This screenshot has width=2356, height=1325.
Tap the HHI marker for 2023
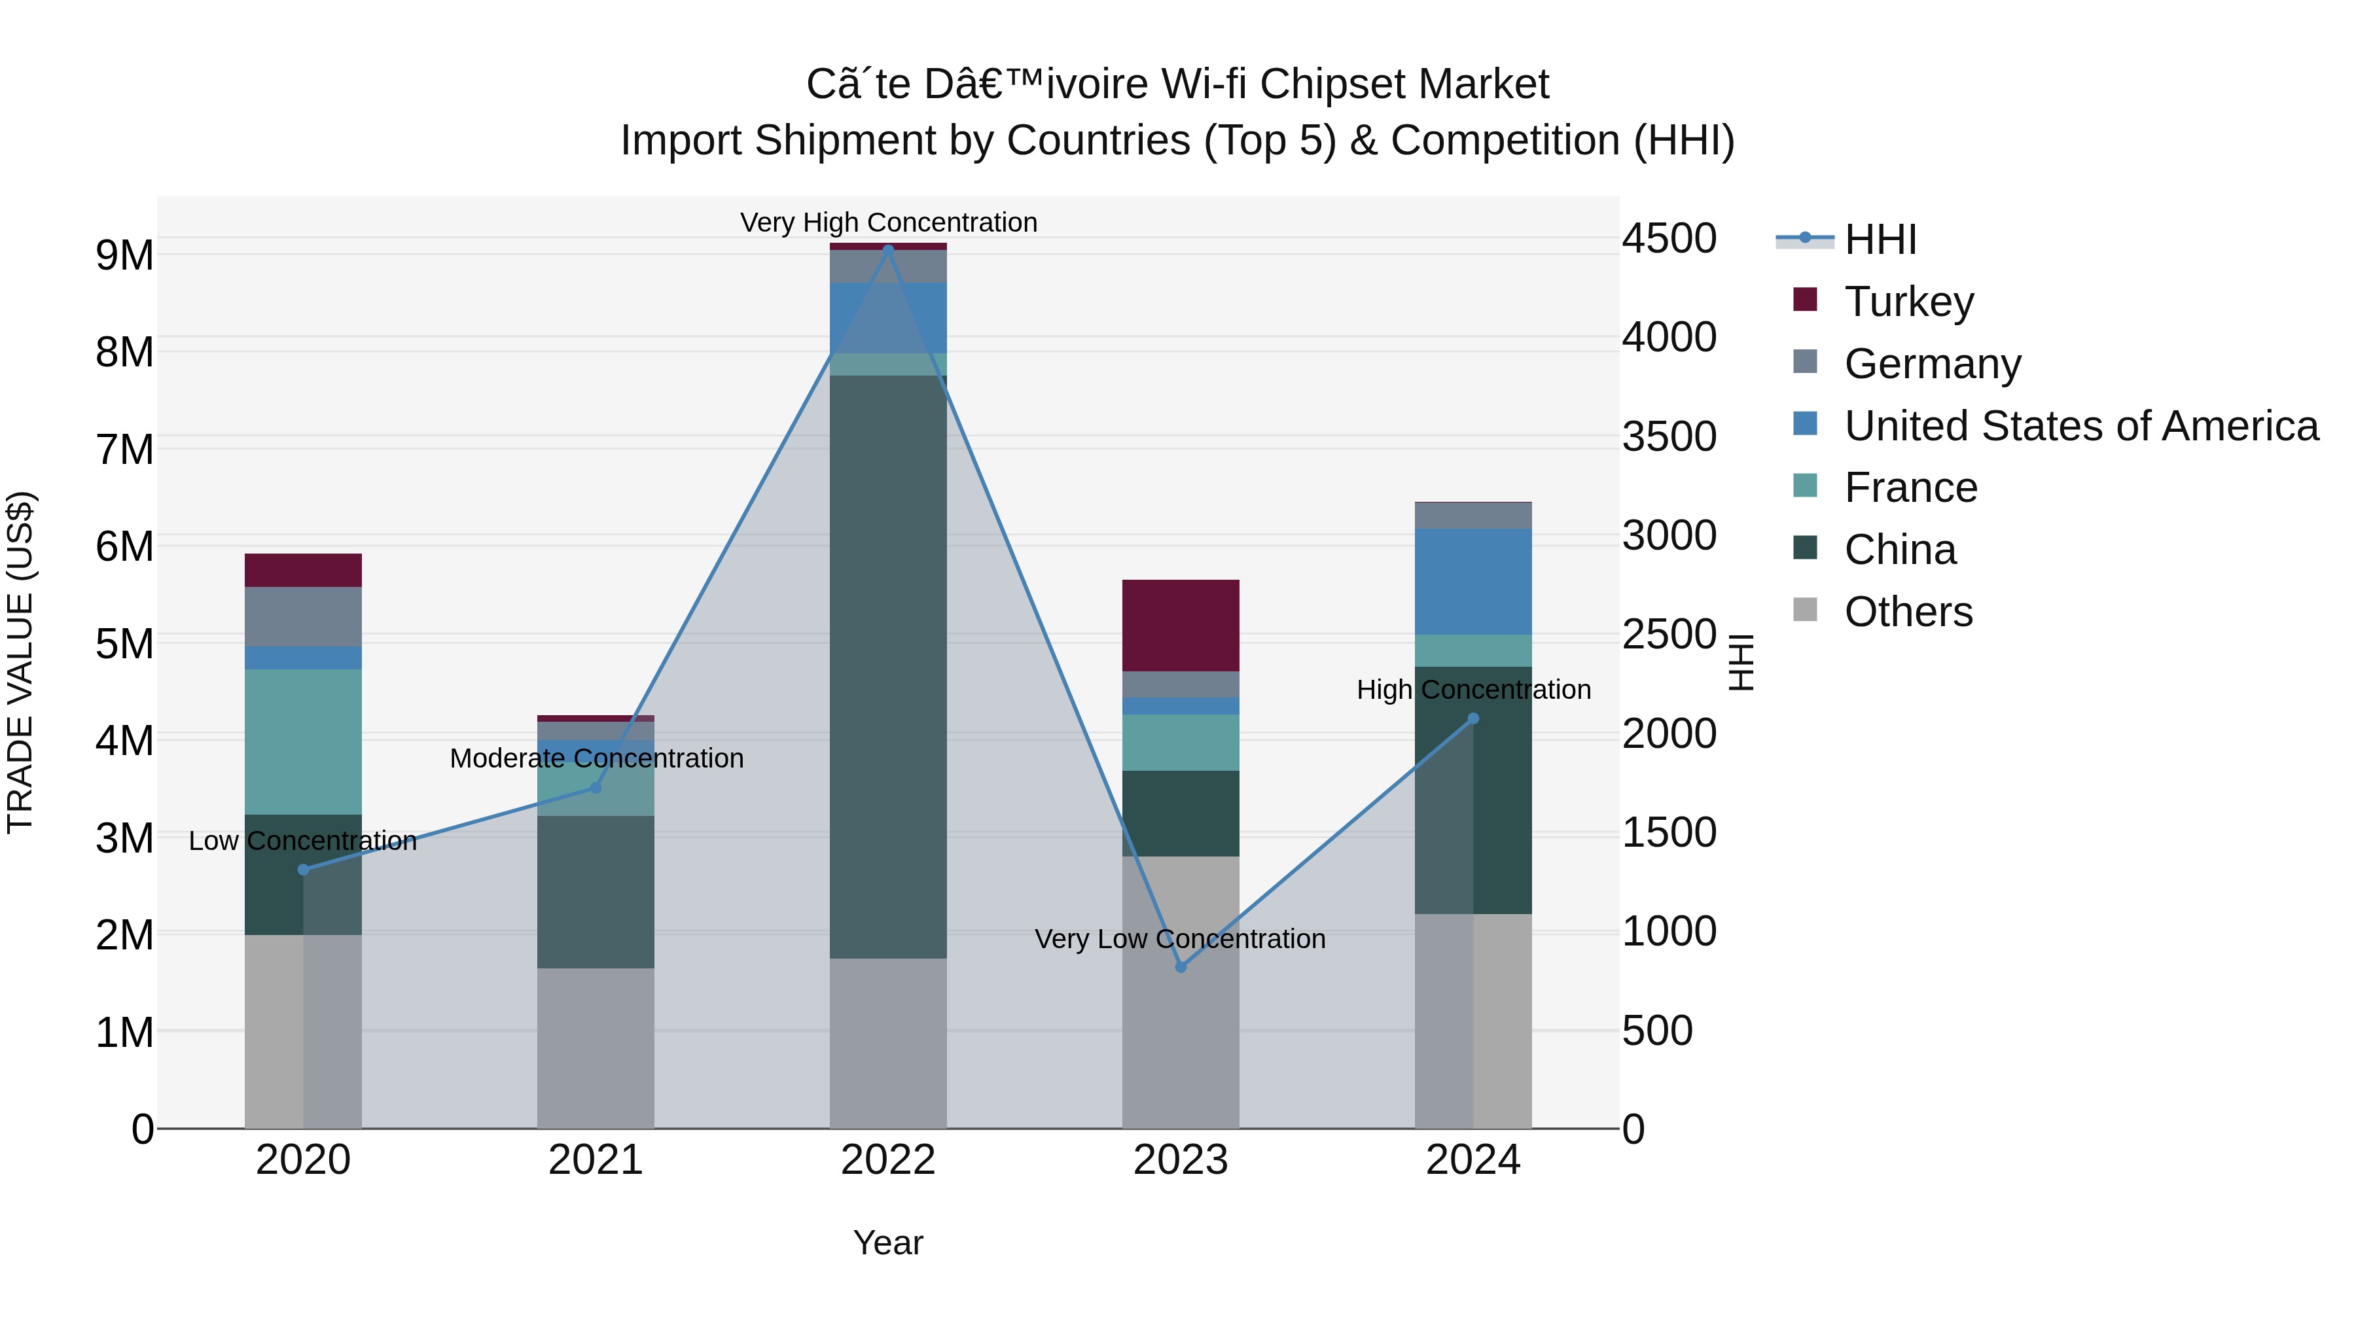1180,966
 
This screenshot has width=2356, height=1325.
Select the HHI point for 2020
304,870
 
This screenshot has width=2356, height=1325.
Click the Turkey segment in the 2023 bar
1180,626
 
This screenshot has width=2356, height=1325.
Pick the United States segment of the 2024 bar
1473,582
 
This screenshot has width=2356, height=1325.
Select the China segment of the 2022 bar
887,667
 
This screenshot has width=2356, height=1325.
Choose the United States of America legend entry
2080,425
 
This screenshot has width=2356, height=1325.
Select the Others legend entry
1908,611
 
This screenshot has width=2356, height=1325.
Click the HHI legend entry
1880,239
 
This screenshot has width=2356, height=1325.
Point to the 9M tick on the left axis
125,255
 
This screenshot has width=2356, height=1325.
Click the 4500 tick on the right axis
1669,239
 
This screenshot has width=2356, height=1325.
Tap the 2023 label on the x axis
1180,1160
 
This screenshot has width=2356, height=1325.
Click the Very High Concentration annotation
888,222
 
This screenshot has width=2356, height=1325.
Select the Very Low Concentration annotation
1180,938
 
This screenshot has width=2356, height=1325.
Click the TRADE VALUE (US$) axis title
20,663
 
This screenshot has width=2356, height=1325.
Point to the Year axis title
887,1243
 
